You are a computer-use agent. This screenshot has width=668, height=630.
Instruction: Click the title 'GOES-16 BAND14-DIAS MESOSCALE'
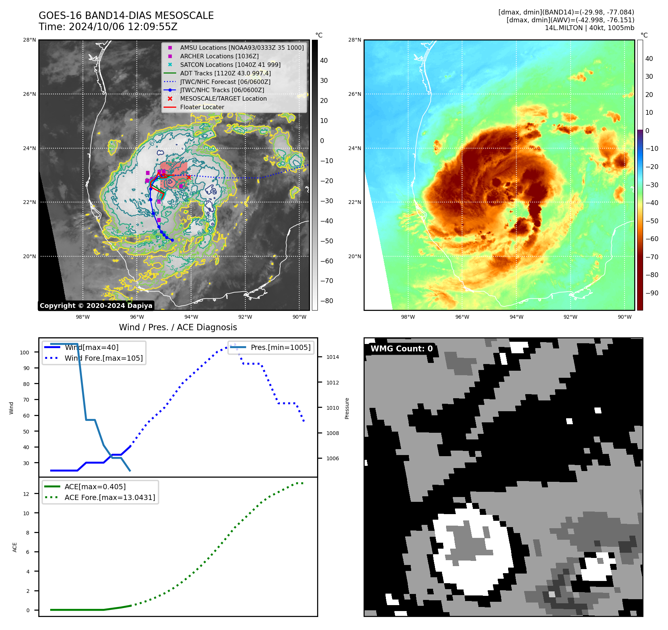(126, 16)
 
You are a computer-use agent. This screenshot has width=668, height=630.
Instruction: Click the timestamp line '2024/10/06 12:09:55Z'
(123, 27)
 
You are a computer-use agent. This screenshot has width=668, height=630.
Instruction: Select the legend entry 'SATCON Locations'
(230, 65)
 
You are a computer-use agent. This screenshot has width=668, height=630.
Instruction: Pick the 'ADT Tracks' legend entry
(225, 73)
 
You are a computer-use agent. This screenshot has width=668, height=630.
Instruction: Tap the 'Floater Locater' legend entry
(202, 107)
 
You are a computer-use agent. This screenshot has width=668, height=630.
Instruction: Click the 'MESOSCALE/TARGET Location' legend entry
(223, 98)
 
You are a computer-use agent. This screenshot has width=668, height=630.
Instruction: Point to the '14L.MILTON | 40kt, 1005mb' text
(589, 28)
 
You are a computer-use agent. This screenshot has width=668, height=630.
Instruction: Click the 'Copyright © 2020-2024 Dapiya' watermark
(96, 306)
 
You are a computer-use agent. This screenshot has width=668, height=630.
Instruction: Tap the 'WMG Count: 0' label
(401, 348)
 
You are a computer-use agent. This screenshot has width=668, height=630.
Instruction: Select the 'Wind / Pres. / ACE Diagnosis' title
(178, 327)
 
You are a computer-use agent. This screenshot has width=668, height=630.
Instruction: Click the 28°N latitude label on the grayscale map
(29, 40)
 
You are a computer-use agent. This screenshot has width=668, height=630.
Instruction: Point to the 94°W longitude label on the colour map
(516, 317)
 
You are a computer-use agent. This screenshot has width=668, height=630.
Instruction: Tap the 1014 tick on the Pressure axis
(333, 357)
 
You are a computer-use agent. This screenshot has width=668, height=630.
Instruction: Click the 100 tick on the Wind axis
(25, 353)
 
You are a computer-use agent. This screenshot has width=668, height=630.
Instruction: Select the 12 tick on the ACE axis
(26, 494)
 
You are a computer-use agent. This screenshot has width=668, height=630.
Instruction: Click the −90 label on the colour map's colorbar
(652, 293)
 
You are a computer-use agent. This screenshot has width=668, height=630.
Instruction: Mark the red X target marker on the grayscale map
(189, 177)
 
